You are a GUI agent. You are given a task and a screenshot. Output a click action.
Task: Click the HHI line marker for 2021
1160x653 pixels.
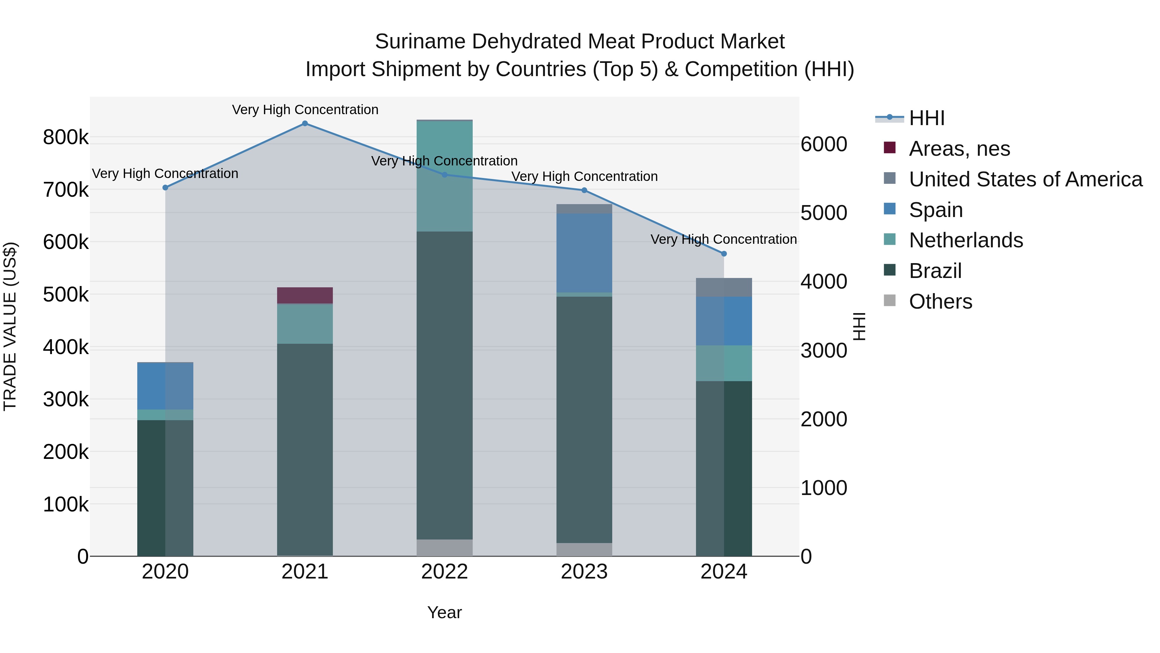pyautogui.click(x=305, y=124)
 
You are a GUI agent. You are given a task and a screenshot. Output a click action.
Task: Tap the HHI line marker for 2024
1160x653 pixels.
pyautogui.click(x=724, y=254)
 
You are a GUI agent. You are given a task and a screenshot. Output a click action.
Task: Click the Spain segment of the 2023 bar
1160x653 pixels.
pyautogui.click(x=584, y=253)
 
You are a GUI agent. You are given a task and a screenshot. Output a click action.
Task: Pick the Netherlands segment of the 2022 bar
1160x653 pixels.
pyautogui.click(x=444, y=176)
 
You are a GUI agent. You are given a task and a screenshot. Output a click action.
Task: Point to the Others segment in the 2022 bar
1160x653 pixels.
pyautogui.click(x=444, y=548)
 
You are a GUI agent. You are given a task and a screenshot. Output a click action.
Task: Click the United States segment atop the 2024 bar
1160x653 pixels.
pyautogui.click(x=724, y=288)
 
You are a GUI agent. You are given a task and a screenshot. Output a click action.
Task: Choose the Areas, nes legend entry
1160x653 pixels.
pyautogui.click(x=959, y=149)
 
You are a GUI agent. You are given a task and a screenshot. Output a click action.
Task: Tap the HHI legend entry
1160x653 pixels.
pyautogui.click(x=926, y=118)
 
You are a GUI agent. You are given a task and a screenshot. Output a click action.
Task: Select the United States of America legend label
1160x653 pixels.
pyautogui.click(x=1025, y=179)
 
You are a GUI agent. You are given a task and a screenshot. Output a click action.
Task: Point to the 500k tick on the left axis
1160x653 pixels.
pyautogui.click(x=66, y=295)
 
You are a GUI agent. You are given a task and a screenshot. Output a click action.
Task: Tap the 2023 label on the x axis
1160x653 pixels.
pyautogui.click(x=584, y=572)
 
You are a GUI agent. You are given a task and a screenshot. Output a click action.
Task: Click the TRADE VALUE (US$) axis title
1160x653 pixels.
pyautogui.click(x=10, y=326)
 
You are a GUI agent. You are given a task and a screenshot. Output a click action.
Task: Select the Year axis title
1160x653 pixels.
pyautogui.click(x=444, y=612)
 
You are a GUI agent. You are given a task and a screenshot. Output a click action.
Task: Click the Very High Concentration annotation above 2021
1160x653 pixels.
pyautogui.click(x=305, y=110)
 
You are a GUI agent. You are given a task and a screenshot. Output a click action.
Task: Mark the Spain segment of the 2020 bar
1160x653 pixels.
pyautogui.click(x=165, y=386)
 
